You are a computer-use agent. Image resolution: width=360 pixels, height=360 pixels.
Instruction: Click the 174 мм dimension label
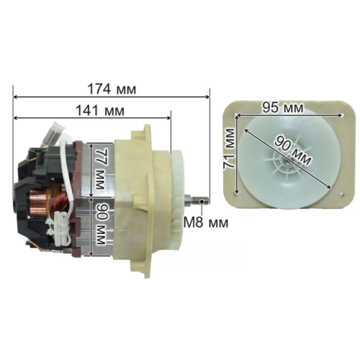click(x=112, y=89)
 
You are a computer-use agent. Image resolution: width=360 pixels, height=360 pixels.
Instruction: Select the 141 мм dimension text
click(x=100, y=111)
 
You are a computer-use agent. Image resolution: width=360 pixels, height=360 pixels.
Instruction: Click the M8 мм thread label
click(x=206, y=222)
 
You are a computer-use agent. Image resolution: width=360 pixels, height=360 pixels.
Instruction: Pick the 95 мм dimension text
click(x=282, y=107)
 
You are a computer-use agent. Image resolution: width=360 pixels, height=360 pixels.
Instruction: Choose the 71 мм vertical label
click(x=229, y=149)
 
